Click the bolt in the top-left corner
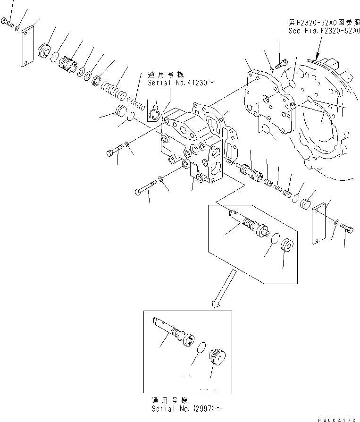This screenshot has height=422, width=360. tap(8, 22)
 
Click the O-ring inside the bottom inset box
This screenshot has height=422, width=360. tap(201, 347)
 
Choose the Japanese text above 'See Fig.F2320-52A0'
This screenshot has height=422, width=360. tap(323, 22)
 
